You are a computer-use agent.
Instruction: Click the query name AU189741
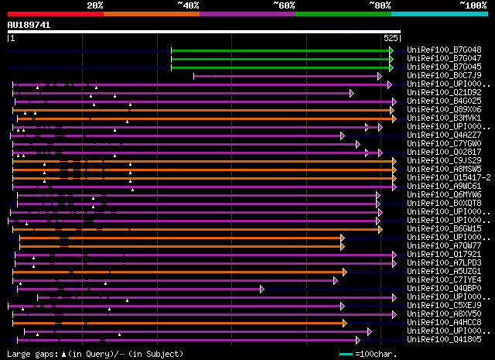[x=29, y=25]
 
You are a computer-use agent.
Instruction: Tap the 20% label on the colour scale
[x=95, y=5]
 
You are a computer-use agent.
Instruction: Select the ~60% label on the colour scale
[x=284, y=5]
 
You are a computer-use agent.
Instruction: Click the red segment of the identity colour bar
[x=55, y=14]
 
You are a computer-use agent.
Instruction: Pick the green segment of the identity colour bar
[x=343, y=14]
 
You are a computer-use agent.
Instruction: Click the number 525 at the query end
[x=391, y=37]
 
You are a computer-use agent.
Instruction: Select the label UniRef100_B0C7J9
[x=443, y=76]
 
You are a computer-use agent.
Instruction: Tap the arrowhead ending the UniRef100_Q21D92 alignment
[x=352, y=93]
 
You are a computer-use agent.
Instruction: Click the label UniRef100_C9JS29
[x=443, y=161]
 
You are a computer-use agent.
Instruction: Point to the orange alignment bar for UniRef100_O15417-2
[x=201, y=178]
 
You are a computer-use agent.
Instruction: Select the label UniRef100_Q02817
[x=443, y=153]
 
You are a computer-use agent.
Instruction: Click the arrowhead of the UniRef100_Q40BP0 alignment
[x=262, y=289]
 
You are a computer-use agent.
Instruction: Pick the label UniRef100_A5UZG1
[x=443, y=272]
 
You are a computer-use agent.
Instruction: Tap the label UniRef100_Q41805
[x=443, y=340]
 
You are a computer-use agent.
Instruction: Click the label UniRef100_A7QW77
[x=443, y=246]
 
